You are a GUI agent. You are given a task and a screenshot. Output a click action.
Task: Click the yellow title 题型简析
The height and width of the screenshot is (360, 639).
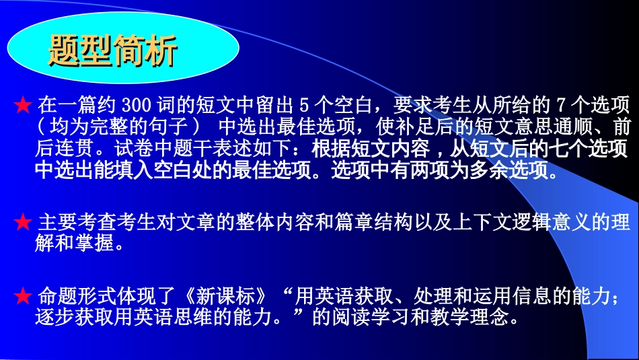point(113,50)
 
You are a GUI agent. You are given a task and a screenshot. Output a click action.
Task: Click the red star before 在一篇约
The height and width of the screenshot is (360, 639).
point(23,105)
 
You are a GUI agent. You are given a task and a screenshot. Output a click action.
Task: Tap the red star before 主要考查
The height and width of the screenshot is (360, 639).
point(23,222)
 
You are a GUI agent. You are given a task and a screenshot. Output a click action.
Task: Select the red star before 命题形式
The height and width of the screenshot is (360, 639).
point(23,296)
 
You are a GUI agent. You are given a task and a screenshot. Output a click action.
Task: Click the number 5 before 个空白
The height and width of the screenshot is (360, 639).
point(304,105)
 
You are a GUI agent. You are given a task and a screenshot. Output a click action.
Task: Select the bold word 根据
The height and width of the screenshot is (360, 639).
point(332,148)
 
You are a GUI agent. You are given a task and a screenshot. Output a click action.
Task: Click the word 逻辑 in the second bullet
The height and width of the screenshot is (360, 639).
point(532,222)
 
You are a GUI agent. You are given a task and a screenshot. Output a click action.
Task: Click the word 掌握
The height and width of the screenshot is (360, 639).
point(94,244)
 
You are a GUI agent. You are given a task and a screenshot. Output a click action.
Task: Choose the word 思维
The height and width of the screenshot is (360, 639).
point(194,317)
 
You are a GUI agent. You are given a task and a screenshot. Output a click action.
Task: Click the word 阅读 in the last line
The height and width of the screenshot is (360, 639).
point(351,317)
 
